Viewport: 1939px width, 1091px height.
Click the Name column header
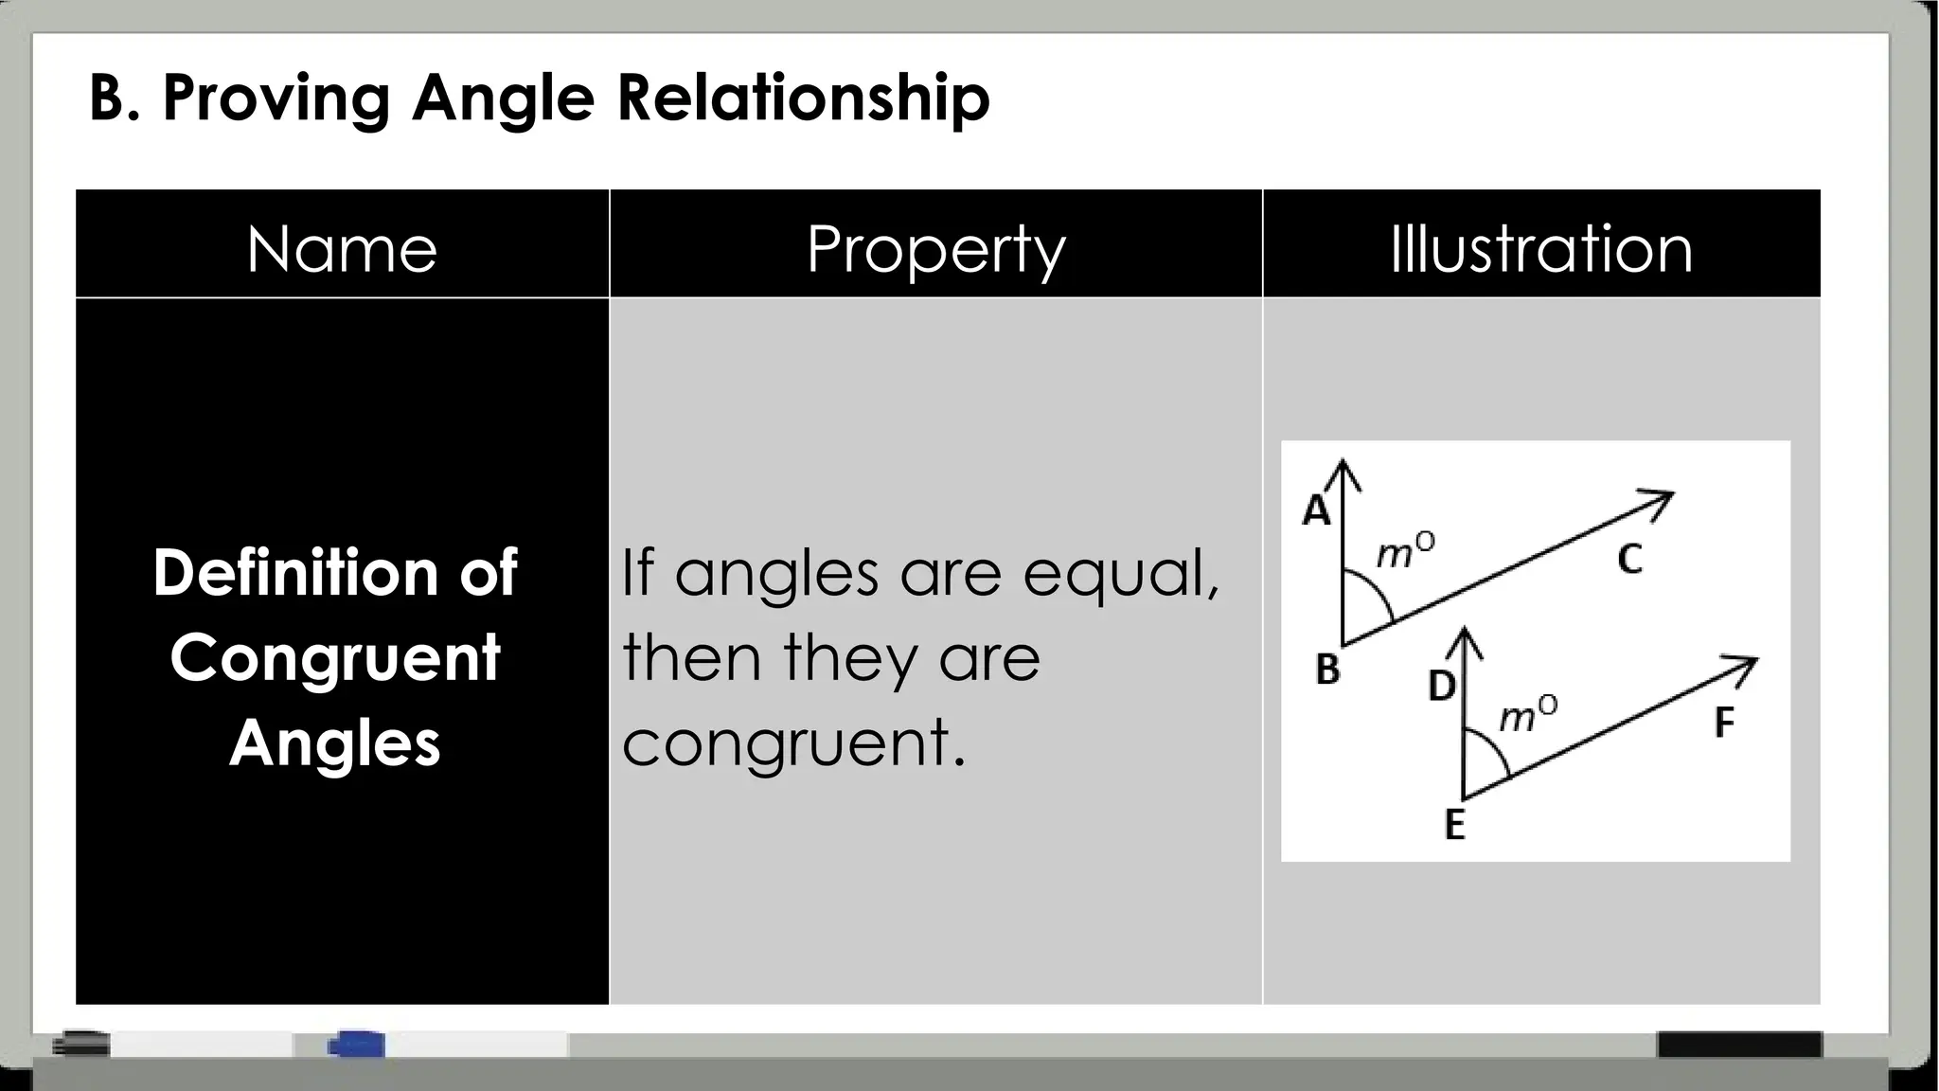click(x=342, y=249)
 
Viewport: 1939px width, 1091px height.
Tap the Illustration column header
click(x=1540, y=249)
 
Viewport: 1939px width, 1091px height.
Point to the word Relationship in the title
click(x=804, y=98)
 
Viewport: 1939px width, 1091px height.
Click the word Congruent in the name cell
click(x=335, y=658)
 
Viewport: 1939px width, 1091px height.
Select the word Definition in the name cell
click(x=294, y=573)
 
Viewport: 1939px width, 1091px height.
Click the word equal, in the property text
click(x=1121, y=574)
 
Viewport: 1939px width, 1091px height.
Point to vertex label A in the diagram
click(x=1316, y=511)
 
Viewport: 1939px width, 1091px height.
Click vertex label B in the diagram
click(x=1327, y=670)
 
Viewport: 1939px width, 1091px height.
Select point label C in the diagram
click(x=1628, y=560)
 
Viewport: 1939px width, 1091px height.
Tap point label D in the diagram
click(x=1441, y=686)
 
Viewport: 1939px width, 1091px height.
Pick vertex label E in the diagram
click(x=1454, y=825)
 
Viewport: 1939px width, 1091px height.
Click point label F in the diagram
click(x=1724, y=724)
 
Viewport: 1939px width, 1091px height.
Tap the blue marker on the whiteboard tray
click(x=356, y=1045)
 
